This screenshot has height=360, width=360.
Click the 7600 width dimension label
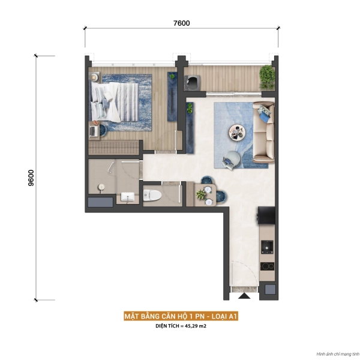pyautogui.click(x=181, y=23)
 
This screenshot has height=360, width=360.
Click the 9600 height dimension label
pyautogui.click(x=31, y=178)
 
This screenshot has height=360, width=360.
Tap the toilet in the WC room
pyautogui.click(x=152, y=196)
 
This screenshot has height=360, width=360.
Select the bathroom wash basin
pyautogui.click(x=127, y=197)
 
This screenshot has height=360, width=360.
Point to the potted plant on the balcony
pyautogui.click(x=267, y=77)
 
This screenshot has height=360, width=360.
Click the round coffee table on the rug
pyautogui.click(x=237, y=133)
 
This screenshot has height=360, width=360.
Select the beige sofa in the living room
pyautogui.click(x=263, y=133)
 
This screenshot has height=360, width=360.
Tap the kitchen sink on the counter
pyautogui.click(x=267, y=247)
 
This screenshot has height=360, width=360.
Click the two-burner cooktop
pyautogui.click(x=267, y=266)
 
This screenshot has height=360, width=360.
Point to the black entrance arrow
pyautogui.click(x=244, y=296)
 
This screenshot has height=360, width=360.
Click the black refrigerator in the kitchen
pyautogui.click(x=266, y=215)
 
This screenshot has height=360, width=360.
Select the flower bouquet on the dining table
pyautogui.click(x=201, y=194)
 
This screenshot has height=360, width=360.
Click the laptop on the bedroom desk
pyautogui.click(x=93, y=131)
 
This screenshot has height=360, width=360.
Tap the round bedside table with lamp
pyautogui.click(x=94, y=77)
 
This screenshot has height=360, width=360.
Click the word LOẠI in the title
pyautogui.click(x=219, y=316)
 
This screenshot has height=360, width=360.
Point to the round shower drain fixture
pyautogui.click(x=101, y=187)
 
